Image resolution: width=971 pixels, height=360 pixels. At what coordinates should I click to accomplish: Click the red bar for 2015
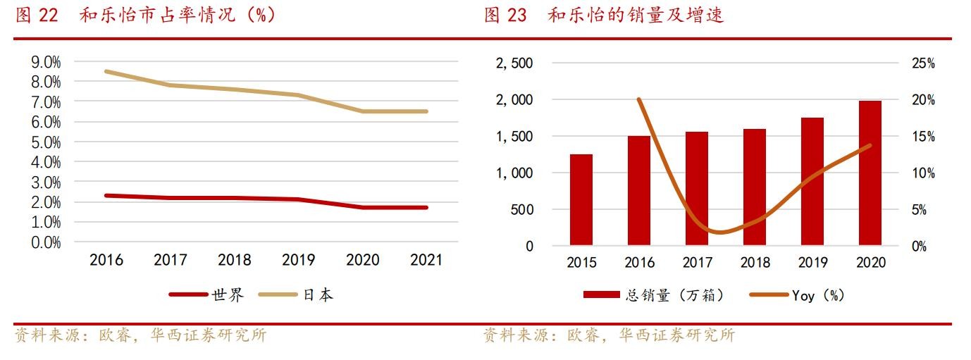pyautogui.click(x=581, y=200)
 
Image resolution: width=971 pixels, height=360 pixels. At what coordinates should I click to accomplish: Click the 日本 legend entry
pyautogui.click(x=295, y=295)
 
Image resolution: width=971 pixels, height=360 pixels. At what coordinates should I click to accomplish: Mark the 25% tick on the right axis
pyautogui.click(x=922, y=63)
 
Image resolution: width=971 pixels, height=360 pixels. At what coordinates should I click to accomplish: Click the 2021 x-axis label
pyautogui.click(x=426, y=260)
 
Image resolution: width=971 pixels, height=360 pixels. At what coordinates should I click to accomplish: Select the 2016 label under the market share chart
pyautogui.click(x=106, y=260)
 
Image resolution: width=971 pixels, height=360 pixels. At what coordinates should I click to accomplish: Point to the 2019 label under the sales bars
pyautogui.click(x=812, y=263)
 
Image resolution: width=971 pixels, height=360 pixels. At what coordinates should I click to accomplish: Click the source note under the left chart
pyautogui.click(x=141, y=335)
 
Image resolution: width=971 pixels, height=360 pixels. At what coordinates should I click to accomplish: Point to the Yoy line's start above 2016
pyautogui.click(x=639, y=99)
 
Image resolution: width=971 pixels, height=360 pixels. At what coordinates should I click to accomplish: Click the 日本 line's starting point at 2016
pyautogui.click(x=106, y=71)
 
